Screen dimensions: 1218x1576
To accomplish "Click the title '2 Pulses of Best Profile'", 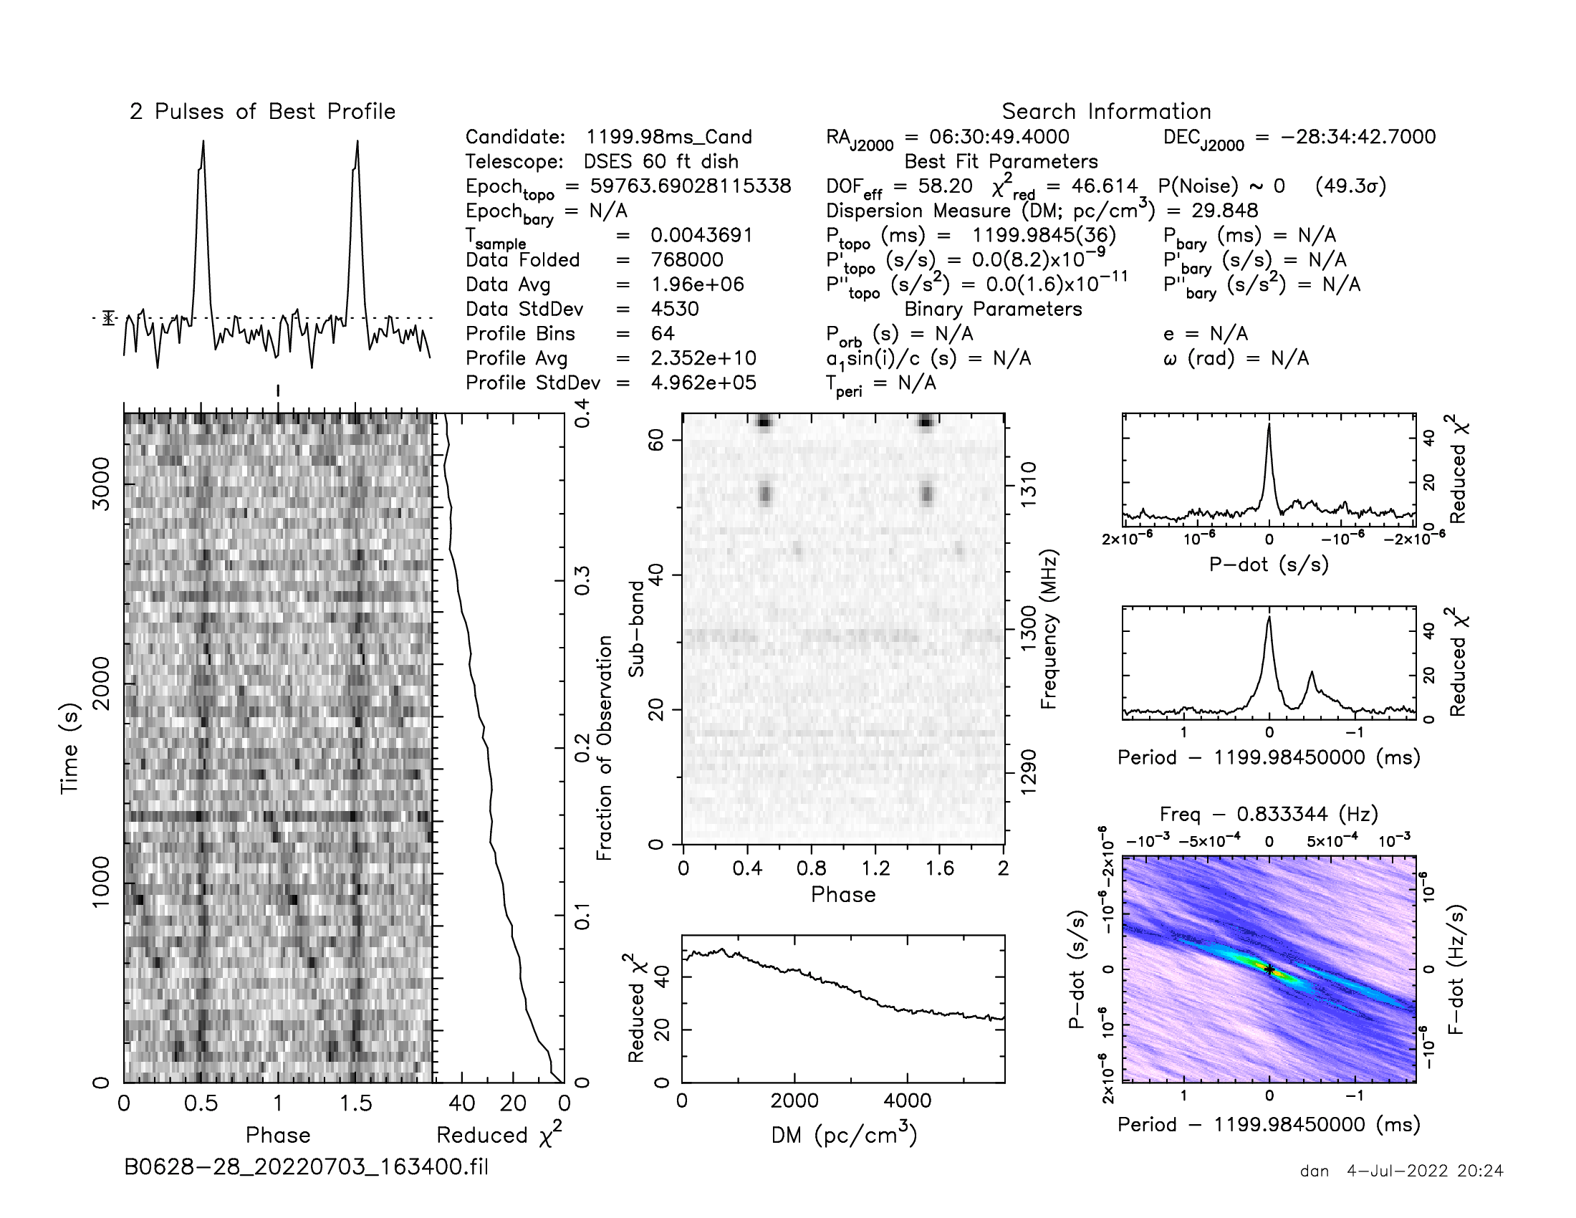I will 263,112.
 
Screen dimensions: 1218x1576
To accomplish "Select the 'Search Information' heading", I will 1106,112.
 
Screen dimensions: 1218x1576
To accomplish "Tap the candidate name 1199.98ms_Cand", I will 669,137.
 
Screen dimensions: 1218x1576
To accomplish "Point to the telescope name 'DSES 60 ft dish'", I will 661,162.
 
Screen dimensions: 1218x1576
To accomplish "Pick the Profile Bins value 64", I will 663,333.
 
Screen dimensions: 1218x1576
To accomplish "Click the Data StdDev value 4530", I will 675,309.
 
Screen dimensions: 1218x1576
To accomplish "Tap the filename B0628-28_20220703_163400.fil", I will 306,1166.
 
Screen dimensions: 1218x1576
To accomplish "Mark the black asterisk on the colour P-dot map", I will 1269,970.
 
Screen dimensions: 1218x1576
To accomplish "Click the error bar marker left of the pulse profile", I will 109,317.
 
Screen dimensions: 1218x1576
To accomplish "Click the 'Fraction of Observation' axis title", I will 605,747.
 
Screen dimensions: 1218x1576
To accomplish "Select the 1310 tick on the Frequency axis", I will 1028,485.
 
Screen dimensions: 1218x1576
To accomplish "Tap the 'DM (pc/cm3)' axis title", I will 844,1135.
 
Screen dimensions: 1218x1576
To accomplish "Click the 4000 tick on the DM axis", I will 907,1101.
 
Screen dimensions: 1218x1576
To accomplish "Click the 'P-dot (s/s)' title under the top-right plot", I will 1269,565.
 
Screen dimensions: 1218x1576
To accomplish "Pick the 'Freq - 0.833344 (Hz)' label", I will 1269,814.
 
